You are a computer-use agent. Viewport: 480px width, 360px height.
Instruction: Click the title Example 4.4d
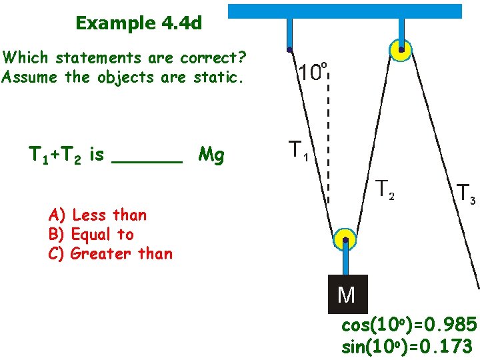point(139,23)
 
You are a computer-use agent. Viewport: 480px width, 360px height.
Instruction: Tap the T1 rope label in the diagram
point(297,152)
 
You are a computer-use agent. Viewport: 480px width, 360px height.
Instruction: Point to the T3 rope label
point(465,193)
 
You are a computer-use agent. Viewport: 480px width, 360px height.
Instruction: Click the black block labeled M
point(347,294)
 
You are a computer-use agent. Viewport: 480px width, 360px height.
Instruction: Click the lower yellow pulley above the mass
point(345,241)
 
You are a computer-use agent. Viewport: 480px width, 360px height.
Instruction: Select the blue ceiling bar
point(345,11)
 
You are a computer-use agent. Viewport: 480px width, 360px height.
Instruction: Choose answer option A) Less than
point(97,215)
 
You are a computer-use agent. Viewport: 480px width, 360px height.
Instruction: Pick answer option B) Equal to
point(91,234)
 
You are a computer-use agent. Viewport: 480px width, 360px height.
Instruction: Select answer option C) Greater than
point(111,253)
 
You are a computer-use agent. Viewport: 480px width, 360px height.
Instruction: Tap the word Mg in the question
point(211,156)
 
